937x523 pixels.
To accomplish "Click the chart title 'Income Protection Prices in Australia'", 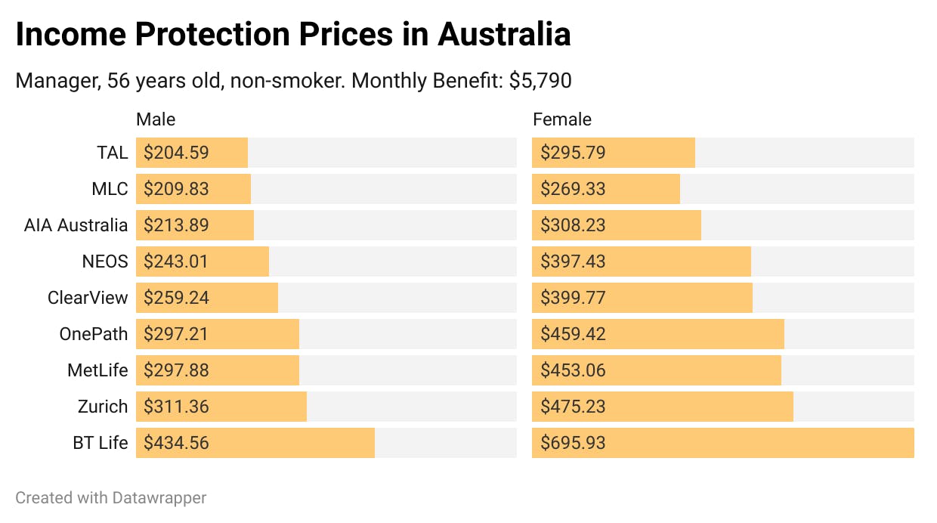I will tap(292, 35).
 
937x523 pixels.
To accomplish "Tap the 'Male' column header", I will tap(156, 119).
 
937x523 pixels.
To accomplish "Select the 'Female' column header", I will tap(562, 119).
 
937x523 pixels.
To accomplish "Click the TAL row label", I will tap(112, 153).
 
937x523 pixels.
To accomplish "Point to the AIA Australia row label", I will tap(76, 225).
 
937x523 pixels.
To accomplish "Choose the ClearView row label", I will tap(88, 298).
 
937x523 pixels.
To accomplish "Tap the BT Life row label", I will tap(101, 443).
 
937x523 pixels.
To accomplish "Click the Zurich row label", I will tap(103, 407).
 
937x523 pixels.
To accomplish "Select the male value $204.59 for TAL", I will tap(176, 153).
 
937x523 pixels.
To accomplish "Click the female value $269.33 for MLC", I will tap(573, 189).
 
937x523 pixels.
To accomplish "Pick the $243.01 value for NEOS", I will tap(176, 261).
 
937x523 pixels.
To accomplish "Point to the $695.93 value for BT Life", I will tap(573, 443).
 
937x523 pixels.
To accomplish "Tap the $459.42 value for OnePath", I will tap(573, 334).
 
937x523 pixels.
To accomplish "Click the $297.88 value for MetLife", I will tap(176, 370).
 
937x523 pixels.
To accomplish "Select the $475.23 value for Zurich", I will tap(573, 407).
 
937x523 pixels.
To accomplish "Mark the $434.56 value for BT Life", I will tap(176, 443).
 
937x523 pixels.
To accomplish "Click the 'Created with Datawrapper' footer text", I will tap(111, 497).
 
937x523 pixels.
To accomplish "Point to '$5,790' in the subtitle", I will tap(540, 81).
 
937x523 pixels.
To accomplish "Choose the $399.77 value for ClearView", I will tap(573, 298).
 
